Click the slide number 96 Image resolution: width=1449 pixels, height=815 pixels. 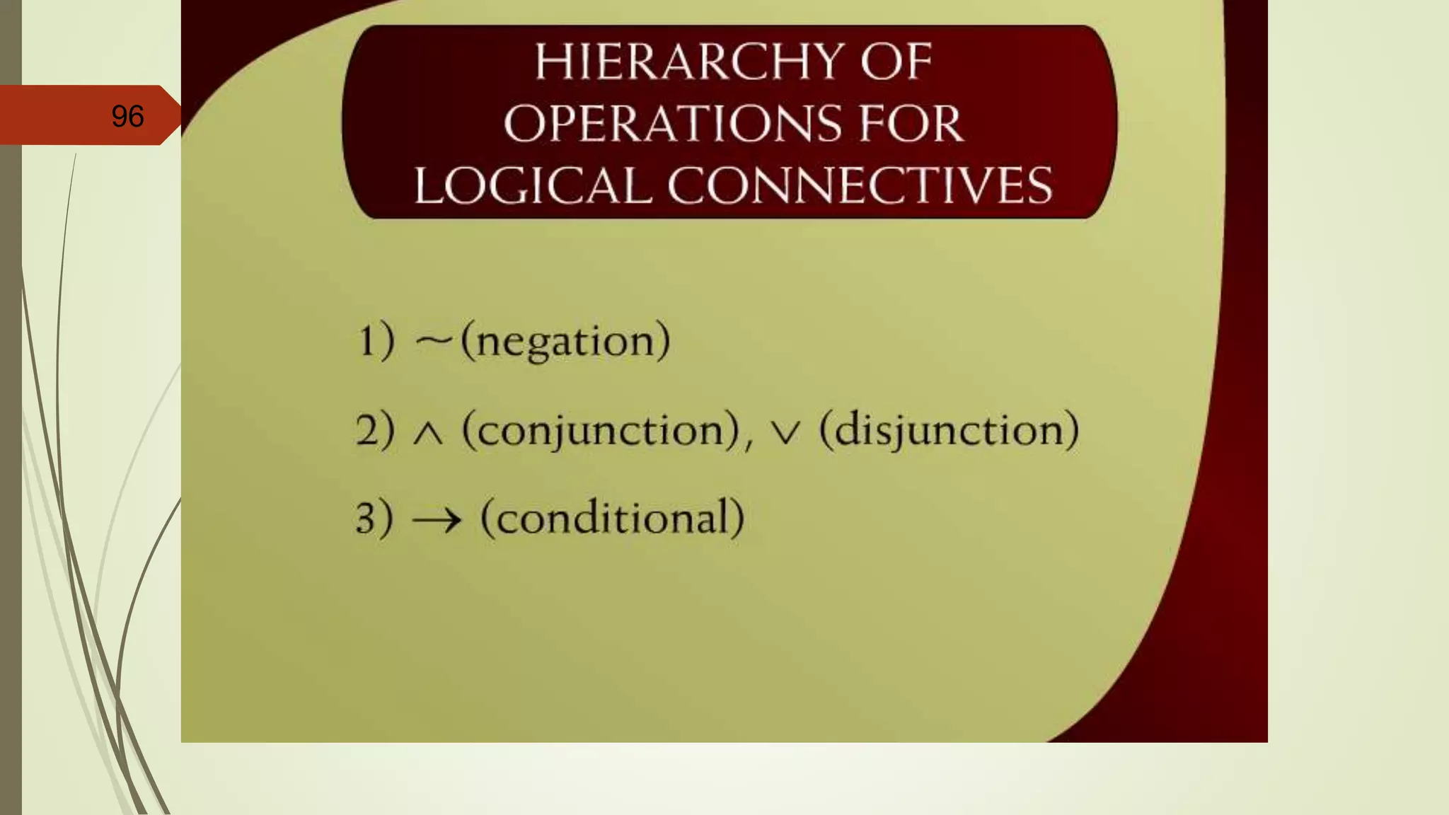point(127,116)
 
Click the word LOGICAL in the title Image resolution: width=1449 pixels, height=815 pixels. point(533,186)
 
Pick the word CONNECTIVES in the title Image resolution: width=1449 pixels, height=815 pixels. point(860,186)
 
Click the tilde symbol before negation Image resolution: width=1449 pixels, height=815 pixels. point(433,341)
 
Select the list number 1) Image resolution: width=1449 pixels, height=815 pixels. point(376,341)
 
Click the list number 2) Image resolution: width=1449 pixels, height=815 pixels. point(375,429)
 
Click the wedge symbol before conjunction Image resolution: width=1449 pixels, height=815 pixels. point(428,433)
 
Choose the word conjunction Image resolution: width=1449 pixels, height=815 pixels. point(601,430)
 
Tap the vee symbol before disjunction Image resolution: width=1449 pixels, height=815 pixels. point(785,433)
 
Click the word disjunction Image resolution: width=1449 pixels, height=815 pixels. point(949,430)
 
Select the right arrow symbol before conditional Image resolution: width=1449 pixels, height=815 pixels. point(437,521)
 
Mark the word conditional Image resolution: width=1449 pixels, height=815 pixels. point(612,518)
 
